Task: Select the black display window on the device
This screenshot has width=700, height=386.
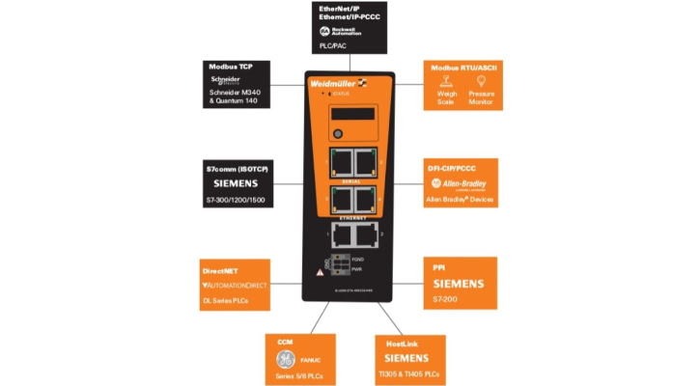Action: [x=352, y=113]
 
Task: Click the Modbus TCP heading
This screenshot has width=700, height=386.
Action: [x=228, y=67]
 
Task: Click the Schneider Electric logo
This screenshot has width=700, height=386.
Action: [x=223, y=80]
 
